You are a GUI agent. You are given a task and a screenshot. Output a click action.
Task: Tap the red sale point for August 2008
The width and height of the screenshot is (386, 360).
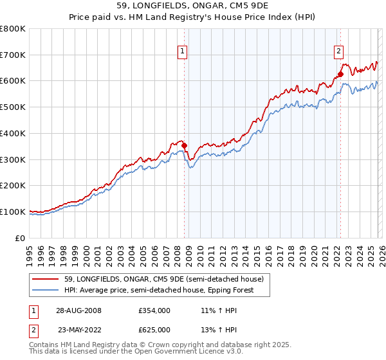point(184,145)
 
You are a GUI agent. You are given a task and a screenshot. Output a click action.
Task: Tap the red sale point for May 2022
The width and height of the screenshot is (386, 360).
point(340,75)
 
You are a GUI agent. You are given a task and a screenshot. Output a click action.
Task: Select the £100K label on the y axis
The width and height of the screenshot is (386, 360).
point(13,212)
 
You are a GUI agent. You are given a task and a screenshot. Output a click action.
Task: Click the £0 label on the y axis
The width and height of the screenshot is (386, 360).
point(21,238)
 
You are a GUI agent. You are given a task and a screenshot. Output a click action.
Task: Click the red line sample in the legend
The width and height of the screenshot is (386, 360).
point(45,279)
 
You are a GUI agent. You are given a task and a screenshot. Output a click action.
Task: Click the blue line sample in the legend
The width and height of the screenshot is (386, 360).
point(45,290)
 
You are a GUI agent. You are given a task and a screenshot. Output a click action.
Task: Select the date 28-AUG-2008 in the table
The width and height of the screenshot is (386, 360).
point(79,310)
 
